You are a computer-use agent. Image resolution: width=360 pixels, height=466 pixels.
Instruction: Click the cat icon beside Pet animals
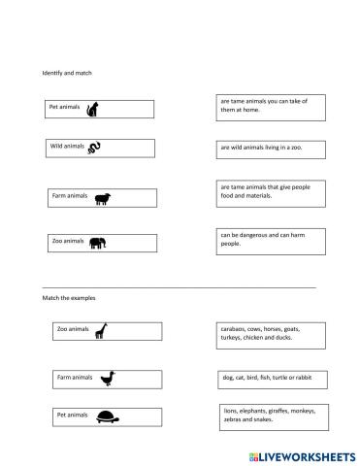pyautogui.click(x=93, y=109)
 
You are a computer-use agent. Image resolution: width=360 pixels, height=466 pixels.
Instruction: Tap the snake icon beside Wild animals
pyautogui.click(x=95, y=148)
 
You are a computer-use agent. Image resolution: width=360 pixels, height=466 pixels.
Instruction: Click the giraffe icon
pyautogui.click(x=100, y=331)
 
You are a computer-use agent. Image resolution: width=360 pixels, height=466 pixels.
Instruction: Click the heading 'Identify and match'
pyautogui.click(x=67, y=74)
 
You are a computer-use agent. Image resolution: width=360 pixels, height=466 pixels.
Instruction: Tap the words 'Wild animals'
pyautogui.click(x=68, y=146)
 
